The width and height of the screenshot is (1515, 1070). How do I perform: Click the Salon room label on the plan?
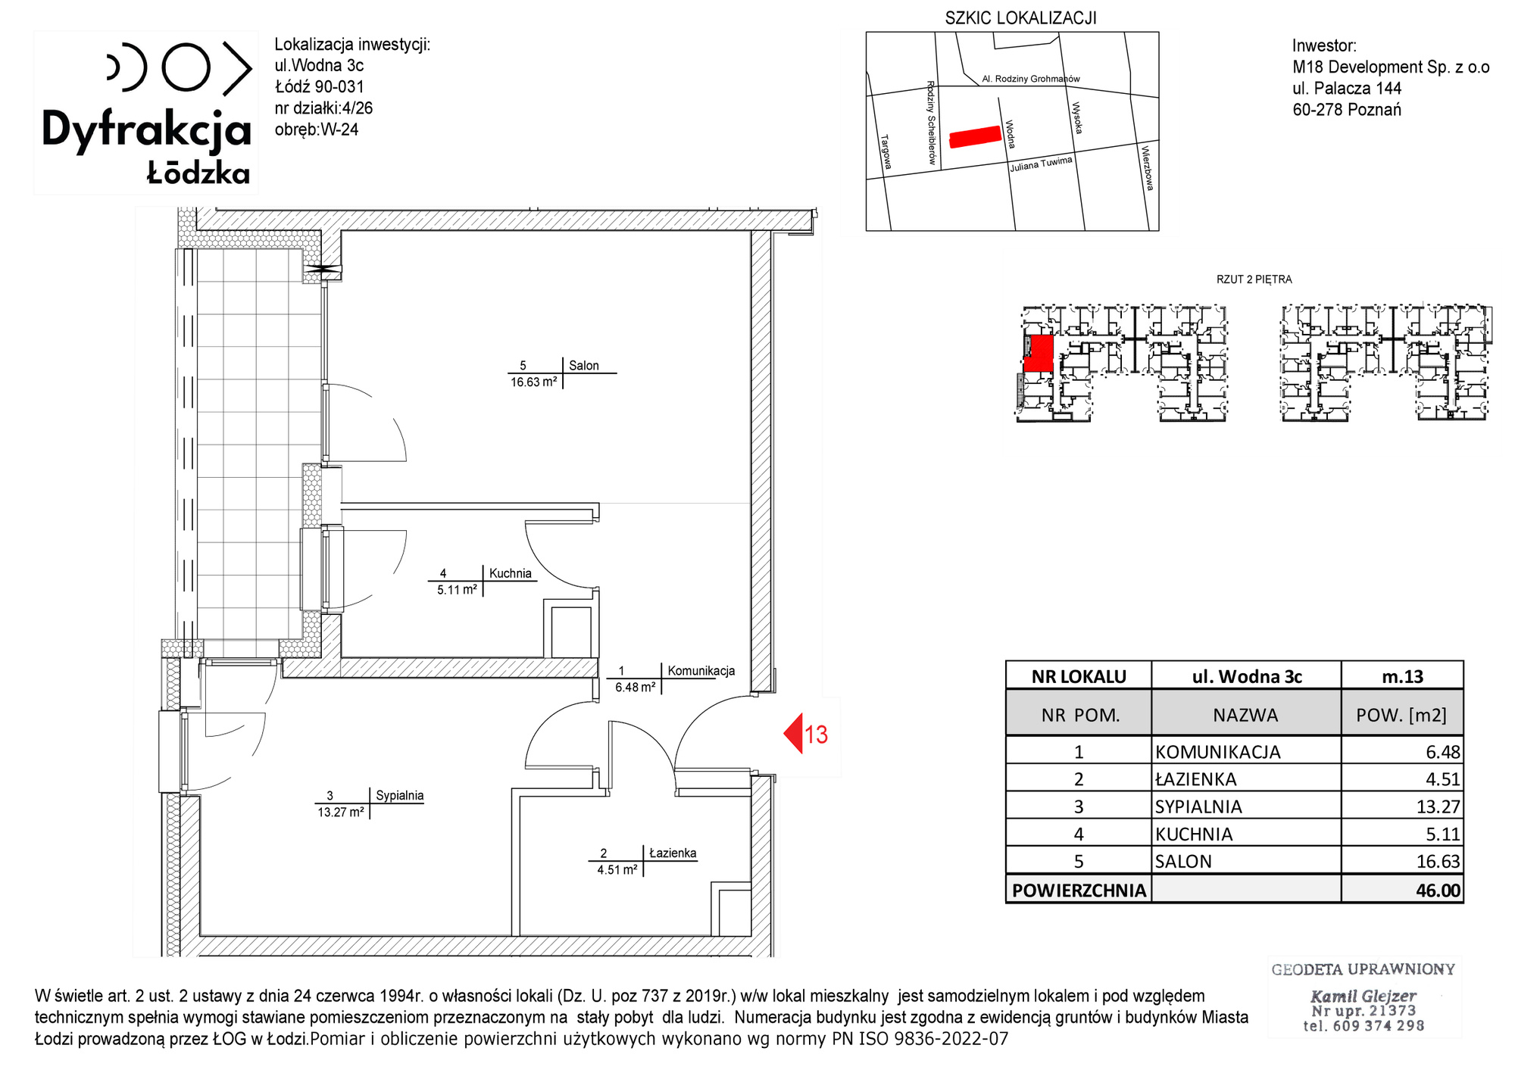583,366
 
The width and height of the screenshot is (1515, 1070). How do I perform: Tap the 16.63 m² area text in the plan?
534,382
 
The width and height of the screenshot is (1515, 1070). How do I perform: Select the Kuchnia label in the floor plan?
511,573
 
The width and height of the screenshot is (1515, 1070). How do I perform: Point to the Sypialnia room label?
399,795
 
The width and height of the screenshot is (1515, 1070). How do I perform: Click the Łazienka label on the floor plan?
673,853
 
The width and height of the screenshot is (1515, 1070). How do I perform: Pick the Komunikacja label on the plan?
701,670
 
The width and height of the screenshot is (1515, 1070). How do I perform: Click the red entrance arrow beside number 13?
793,733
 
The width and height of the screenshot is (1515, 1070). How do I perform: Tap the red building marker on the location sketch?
976,136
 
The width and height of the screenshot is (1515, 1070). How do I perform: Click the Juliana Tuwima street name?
1041,164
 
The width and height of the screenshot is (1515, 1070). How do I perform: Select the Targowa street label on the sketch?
886,151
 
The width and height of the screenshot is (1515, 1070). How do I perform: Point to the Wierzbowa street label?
1148,168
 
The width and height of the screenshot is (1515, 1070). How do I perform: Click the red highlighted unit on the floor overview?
1039,354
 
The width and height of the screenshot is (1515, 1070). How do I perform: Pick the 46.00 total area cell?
1438,890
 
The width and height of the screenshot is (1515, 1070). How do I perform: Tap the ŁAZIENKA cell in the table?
1195,779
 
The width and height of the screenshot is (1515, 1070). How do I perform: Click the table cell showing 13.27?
1438,806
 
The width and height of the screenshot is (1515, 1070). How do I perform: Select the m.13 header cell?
1402,676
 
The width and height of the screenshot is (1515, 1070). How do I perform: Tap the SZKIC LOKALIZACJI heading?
1020,18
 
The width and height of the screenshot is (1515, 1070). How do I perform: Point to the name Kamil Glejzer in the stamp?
1363,996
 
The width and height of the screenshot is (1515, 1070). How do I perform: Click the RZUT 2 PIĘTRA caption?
1254,279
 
